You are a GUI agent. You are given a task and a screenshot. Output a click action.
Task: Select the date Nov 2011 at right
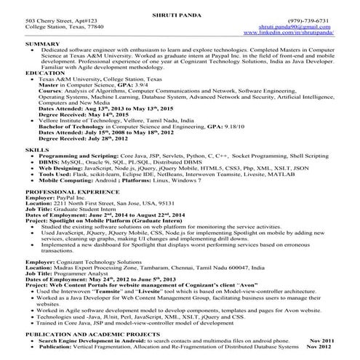[323, 340]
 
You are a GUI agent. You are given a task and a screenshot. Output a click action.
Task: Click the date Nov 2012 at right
[323, 346]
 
